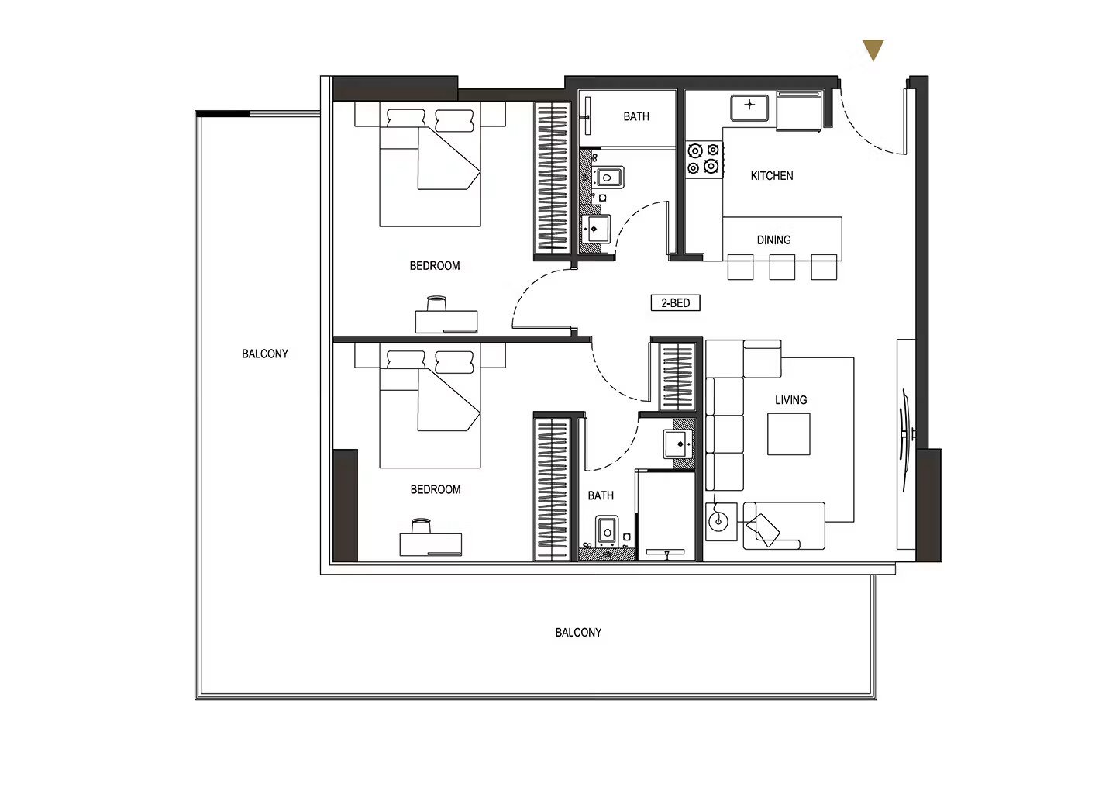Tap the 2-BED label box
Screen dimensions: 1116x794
pyautogui.click(x=675, y=302)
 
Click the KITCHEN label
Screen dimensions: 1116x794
pyautogui.click(x=772, y=175)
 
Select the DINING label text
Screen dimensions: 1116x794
pyautogui.click(x=773, y=240)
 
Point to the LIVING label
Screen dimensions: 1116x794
pyautogui.click(x=790, y=400)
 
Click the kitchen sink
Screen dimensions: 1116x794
pyautogui.click(x=749, y=107)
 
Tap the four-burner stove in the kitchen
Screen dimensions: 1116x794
pyautogui.click(x=704, y=158)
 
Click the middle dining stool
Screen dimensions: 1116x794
pyautogui.click(x=782, y=268)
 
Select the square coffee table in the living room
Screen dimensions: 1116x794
pyautogui.click(x=788, y=433)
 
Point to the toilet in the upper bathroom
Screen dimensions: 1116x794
pyautogui.click(x=606, y=177)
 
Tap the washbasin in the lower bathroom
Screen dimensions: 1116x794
pyautogui.click(x=679, y=444)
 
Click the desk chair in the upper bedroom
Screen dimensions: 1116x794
pyautogui.click(x=436, y=303)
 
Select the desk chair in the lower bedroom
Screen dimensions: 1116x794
pyautogui.click(x=421, y=526)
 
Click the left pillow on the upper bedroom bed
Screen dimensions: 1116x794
pyautogui.click(x=405, y=121)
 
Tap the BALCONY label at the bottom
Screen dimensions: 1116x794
pyautogui.click(x=578, y=633)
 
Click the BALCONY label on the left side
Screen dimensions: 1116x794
pyautogui.click(x=264, y=354)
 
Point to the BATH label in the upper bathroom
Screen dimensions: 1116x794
pyautogui.click(x=636, y=116)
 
